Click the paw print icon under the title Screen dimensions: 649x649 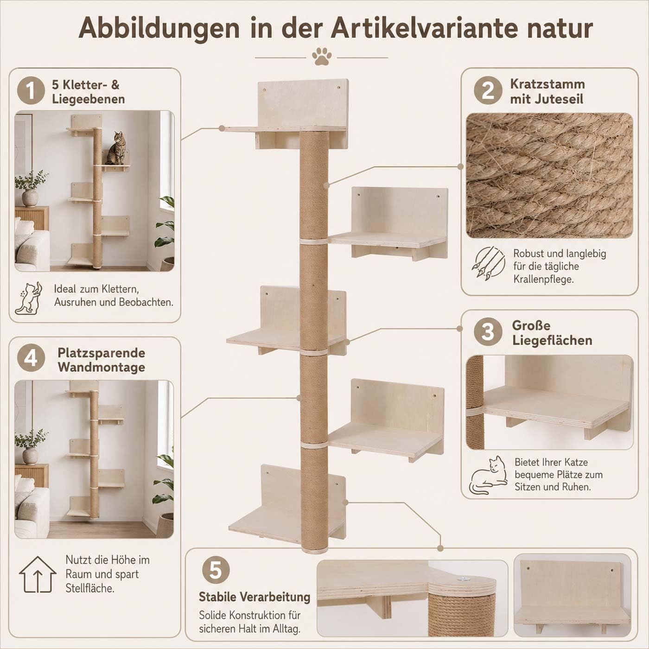pos(322,56)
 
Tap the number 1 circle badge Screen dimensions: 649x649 pos(31,91)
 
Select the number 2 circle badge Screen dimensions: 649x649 pos(488,91)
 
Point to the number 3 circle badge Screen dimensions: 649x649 pos(488,332)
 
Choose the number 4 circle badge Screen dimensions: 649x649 pos(31,359)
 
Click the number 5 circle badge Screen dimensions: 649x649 pos(216,570)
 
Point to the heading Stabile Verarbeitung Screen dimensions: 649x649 pos(255,597)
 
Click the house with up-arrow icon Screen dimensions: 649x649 pos(38,574)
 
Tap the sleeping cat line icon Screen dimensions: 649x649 pos(488,475)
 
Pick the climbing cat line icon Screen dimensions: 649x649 pos(29,298)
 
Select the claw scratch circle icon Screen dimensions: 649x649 pos(488,263)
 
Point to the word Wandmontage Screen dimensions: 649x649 pos(102,367)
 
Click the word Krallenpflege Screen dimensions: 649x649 pos(543,279)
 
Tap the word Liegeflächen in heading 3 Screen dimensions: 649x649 pos(552,340)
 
